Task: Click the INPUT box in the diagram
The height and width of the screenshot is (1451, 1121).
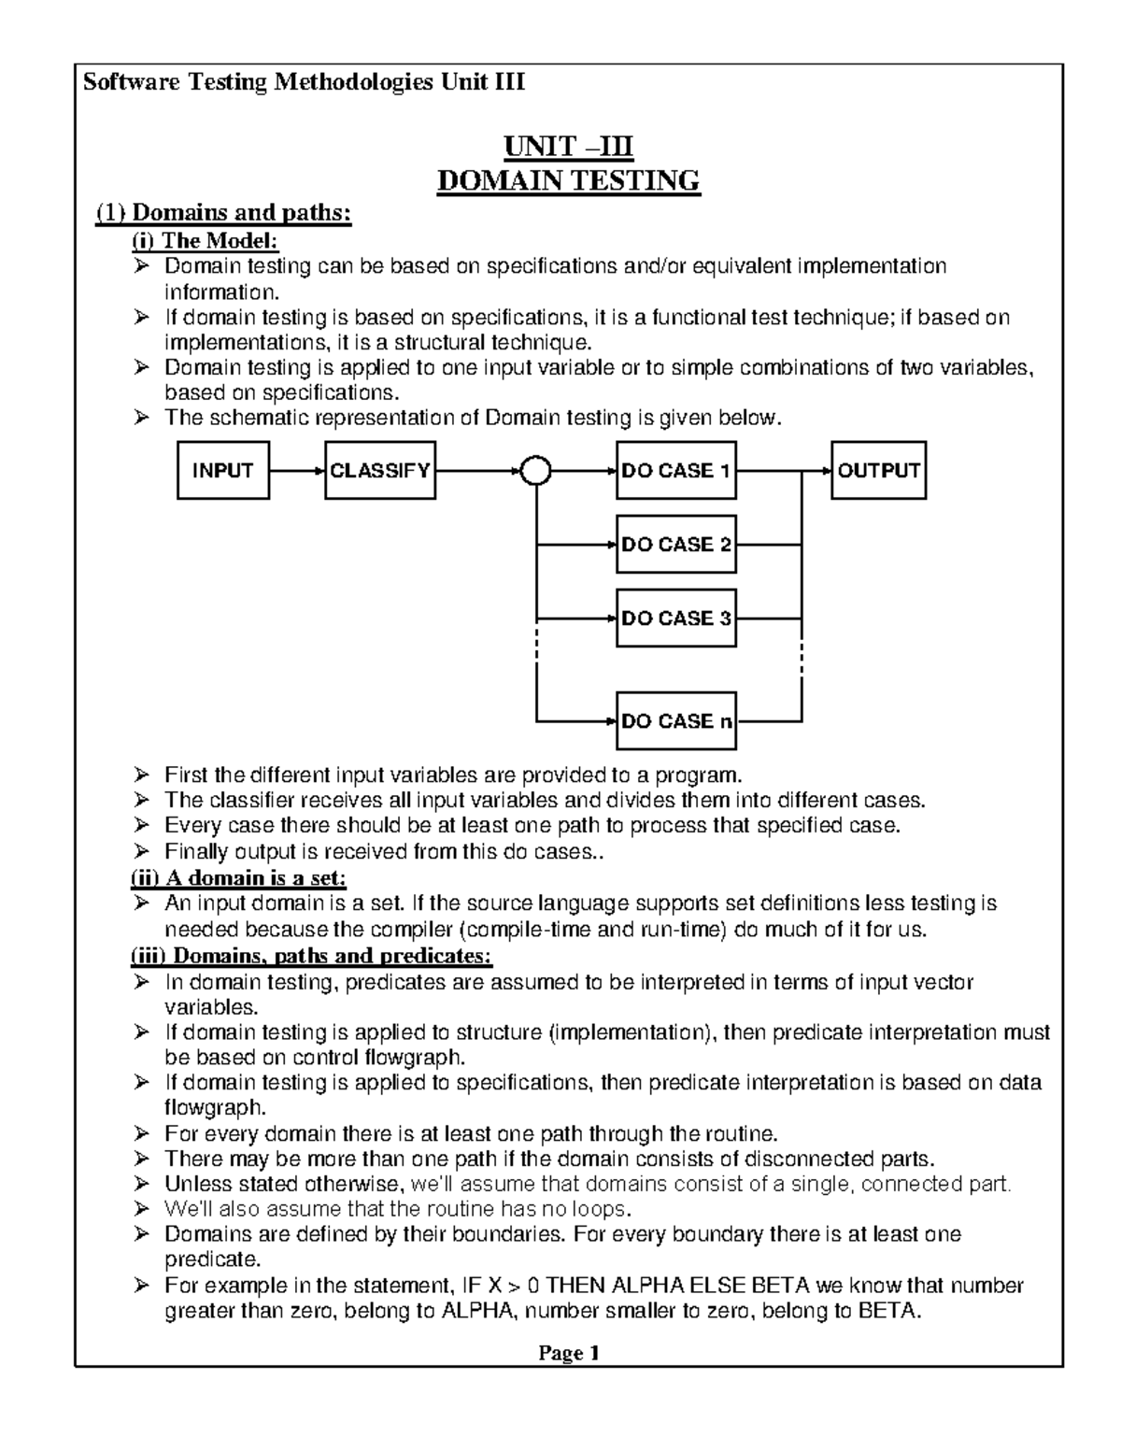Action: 223,471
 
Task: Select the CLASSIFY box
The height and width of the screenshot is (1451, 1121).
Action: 380,471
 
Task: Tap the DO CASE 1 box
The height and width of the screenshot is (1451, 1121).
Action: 675,471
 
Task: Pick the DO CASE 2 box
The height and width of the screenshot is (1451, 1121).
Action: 675,545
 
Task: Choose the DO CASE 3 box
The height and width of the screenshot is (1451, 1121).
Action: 675,619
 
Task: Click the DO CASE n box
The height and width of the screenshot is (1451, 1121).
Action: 675,721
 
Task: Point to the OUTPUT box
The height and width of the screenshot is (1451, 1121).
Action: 878,471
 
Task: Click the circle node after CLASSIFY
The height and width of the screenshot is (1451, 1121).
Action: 536,472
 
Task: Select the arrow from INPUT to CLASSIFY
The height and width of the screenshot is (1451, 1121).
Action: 297,472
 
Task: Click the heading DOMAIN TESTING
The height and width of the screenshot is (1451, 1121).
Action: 569,179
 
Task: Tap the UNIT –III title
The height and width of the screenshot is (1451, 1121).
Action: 569,148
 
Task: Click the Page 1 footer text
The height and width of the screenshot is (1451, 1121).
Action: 568,1353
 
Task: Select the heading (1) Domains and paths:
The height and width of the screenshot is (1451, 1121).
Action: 224,214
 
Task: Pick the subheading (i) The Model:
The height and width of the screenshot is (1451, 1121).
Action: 205,241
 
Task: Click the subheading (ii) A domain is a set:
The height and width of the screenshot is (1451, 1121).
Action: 238,878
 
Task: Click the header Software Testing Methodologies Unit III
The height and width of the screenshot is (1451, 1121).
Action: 305,82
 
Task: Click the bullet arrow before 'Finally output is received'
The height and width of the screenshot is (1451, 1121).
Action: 141,852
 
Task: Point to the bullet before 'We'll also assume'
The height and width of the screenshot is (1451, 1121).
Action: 141,1209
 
